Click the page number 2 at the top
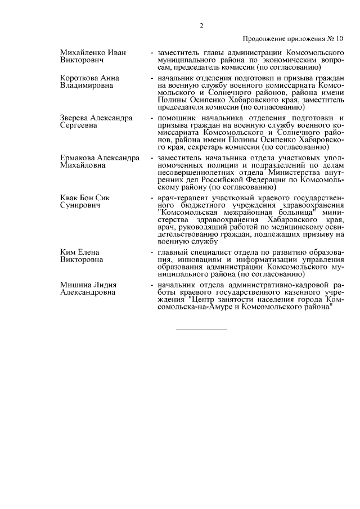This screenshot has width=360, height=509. click(x=201, y=25)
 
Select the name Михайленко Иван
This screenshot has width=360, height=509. click(x=93, y=52)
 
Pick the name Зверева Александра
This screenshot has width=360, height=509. click(x=96, y=118)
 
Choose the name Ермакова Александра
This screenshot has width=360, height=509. click(x=100, y=158)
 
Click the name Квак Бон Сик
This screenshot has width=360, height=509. click(x=85, y=199)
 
